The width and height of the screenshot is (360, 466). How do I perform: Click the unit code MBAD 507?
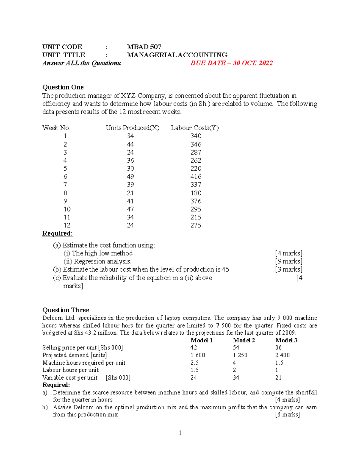pos(144,47)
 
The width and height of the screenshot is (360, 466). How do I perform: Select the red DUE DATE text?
pos(231,63)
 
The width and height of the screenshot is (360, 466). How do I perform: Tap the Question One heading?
pos(63,87)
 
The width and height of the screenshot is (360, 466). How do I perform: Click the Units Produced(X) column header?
pos(132,128)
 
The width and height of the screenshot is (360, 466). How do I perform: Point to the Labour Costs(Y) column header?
pos(195,128)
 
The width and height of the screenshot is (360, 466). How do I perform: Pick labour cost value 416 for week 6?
pos(196,177)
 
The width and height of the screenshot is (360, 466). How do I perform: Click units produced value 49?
pos(130,177)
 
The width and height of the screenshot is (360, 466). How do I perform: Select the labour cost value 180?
pos(196,193)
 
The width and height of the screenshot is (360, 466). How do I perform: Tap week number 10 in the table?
pos(67,209)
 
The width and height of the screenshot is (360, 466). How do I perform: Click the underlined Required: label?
pos(57,233)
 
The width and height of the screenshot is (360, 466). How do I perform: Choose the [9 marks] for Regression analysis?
pos(288,261)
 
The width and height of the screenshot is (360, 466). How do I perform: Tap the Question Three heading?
pos(66,310)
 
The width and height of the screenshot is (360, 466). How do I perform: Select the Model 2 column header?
pos(244,340)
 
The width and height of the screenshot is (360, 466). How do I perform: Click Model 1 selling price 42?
pos(194,347)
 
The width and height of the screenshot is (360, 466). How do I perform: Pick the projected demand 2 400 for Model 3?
pos(282,355)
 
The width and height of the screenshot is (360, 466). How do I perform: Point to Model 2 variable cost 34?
pos(236,377)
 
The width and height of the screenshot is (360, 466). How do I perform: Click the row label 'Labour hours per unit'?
pos(70,370)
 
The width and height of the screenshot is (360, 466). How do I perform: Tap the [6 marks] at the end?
pos(287,415)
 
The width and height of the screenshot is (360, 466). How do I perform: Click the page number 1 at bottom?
pos(180,433)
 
